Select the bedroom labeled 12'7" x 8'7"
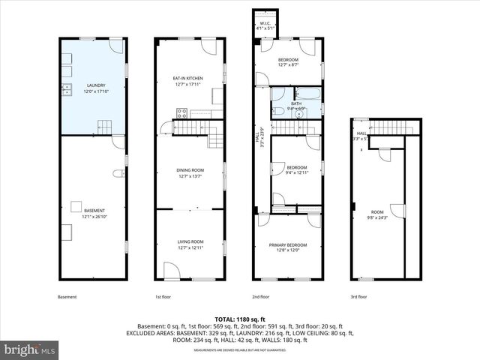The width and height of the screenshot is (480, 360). tap(289, 62)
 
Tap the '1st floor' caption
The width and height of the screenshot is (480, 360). tap(163, 297)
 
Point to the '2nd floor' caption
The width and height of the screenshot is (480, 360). tap(260, 297)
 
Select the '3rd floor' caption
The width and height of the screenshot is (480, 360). tap(359, 297)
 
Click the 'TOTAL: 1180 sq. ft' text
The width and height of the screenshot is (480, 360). tap(239, 319)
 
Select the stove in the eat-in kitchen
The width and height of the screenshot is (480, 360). tap(181, 113)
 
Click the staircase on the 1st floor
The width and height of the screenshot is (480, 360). tap(215, 136)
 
